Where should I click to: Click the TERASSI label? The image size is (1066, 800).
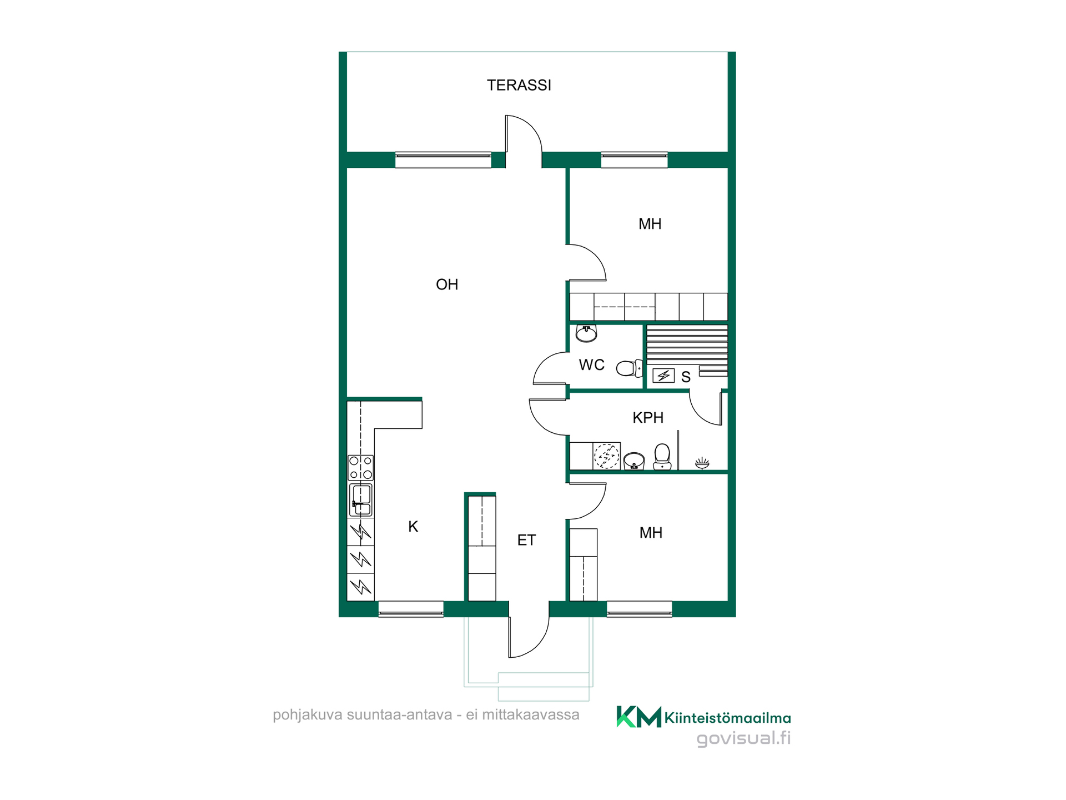[519, 85]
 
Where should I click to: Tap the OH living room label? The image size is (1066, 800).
[447, 284]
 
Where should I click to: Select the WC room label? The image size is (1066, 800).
[591, 365]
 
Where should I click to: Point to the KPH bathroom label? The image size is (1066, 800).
[648, 418]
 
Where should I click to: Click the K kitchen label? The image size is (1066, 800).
[413, 527]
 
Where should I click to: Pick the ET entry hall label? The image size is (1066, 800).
[526, 540]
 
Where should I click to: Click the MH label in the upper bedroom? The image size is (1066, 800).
[650, 224]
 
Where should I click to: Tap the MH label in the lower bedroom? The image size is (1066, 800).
[651, 533]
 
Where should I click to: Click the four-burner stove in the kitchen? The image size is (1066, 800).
[360, 468]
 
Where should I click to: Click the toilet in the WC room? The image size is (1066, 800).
[630, 368]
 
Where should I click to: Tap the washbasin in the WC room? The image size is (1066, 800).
[586, 333]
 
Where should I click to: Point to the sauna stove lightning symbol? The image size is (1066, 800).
[663, 376]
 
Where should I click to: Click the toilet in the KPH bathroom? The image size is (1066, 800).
[662, 457]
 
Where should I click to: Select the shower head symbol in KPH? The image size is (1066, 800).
[702, 463]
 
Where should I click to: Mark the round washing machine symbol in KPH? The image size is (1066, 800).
[606, 456]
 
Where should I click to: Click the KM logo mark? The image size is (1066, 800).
[638, 717]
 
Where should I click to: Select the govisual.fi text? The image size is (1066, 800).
[743, 738]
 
